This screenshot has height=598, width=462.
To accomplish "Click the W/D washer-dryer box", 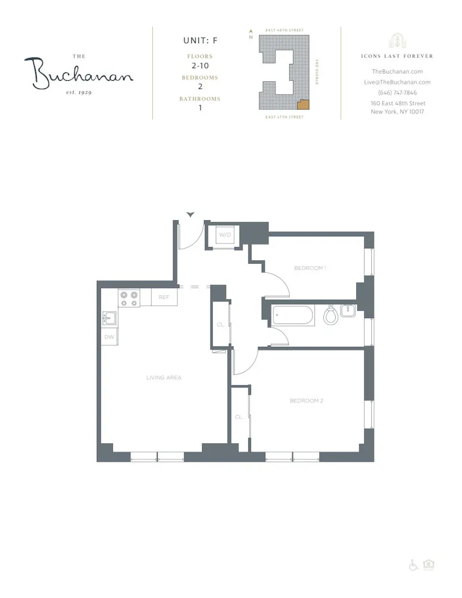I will tap(224, 235).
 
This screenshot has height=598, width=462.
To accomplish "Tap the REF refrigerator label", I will tap(164, 297).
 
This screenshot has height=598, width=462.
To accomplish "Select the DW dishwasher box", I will tap(109, 337).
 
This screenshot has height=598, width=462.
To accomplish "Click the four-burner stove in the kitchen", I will tap(128, 298).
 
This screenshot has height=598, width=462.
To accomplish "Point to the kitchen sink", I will tap(109, 318).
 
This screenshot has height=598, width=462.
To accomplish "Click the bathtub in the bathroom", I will tap(292, 316).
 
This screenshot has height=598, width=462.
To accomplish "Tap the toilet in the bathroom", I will tap(331, 315).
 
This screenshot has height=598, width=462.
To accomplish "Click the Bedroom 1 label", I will tap(310, 268).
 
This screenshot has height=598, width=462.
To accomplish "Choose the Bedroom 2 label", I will tap(306, 400).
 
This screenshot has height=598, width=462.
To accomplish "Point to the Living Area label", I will tap(163, 377).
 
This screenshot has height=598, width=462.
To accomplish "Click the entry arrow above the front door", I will tap(191, 214).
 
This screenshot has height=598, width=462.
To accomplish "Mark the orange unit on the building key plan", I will tap(304, 105).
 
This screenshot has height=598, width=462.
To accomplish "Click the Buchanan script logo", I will tap(79, 74).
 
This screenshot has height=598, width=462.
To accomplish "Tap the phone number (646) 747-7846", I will tap(397, 93).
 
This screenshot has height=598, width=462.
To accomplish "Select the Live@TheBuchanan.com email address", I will tap(397, 82).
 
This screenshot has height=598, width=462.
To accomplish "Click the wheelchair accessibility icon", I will tap(414, 565).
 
